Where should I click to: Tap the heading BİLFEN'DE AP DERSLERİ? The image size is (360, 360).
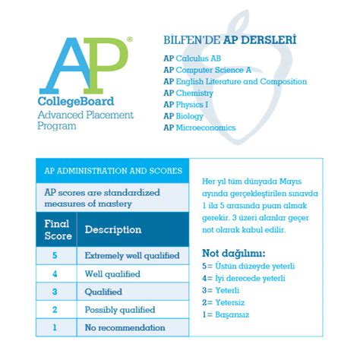coord(229,39)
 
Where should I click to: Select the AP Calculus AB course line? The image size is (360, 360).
coord(192,58)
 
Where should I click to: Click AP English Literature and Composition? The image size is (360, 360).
coord(235,81)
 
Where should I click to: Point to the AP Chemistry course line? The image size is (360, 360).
coord(188,93)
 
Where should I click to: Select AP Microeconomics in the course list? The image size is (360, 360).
coord(199,128)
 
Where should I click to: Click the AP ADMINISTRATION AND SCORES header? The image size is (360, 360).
coord(111,171)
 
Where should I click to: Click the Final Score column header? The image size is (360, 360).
coord(56,229)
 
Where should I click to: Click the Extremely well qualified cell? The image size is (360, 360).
coord(131,255)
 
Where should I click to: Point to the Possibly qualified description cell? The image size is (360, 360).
coord(120,310)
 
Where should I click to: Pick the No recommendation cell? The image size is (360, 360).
coord(125,328)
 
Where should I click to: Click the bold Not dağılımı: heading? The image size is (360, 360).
coord(233,252)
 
